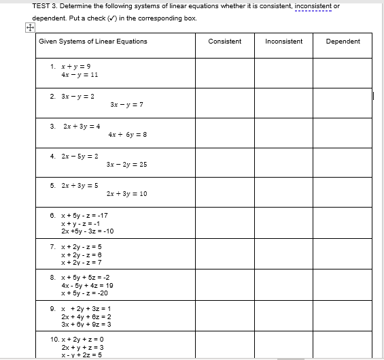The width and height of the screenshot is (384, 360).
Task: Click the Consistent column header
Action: [x=224, y=42]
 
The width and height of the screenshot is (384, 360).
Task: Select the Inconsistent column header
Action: [x=283, y=42]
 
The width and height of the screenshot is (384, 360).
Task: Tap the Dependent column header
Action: [x=343, y=42]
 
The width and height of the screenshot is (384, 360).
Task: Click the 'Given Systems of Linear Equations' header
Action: [x=93, y=42]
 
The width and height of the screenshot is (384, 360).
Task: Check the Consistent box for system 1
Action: [x=225, y=73]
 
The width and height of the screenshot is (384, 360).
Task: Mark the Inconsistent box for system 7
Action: [x=283, y=255]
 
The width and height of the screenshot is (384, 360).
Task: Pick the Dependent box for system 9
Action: [x=343, y=317]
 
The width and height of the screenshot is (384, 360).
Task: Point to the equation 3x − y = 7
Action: [x=125, y=105]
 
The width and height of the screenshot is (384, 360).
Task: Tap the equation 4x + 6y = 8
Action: [x=127, y=135]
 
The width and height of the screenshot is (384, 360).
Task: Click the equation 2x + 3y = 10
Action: [x=127, y=194]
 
